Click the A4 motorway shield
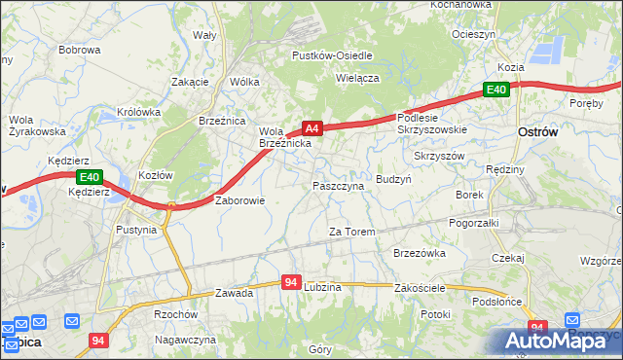(x=311, y=127)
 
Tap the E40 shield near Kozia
(x=496, y=90)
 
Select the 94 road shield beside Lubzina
(x=290, y=282)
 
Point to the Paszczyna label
(x=338, y=185)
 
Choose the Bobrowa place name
(x=80, y=49)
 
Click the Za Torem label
(x=351, y=232)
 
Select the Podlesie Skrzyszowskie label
(x=432, y=123)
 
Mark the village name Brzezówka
(x=420, y=252)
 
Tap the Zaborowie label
(x=239, y=200)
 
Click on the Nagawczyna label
(x=185, y=340)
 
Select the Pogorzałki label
(x=474, y=223)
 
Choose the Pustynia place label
(x=135, y=231)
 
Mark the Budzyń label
(x=393, y=180)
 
